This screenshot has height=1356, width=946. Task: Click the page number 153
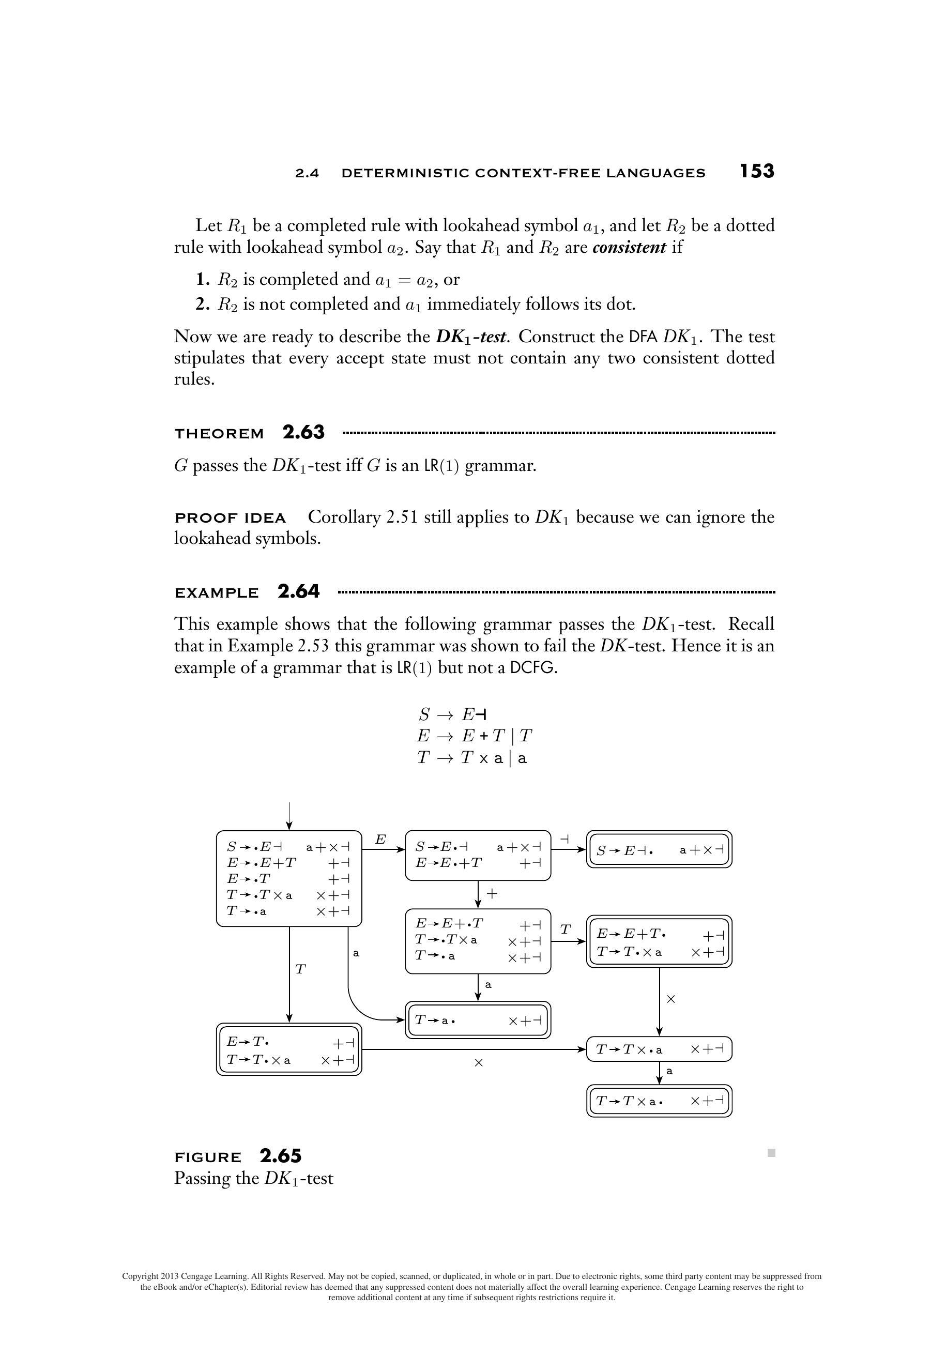pos(756,171)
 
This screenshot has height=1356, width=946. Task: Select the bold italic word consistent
pos(629,247)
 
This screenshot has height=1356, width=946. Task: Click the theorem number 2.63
pos(303,432)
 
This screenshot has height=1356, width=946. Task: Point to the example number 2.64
pos(299,591)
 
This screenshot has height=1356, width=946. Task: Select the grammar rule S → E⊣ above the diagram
pos(452,714)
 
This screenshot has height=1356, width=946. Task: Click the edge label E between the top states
pos(380,839)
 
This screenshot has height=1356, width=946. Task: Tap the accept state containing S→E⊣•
pos(659,850)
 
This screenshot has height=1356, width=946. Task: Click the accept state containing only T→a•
pos(478,1020)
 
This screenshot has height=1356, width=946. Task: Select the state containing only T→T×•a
pos(659,1049)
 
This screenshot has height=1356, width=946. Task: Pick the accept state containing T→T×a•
pos(659,1101)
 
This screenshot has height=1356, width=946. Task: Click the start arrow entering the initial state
pos(289,815)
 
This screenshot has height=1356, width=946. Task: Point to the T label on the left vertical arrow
pos(300,969)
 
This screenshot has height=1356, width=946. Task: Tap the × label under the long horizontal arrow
pos(478,1062)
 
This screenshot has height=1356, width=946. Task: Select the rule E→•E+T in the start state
pos(262,863)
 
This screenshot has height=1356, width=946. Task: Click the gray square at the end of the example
pos(771,1152)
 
